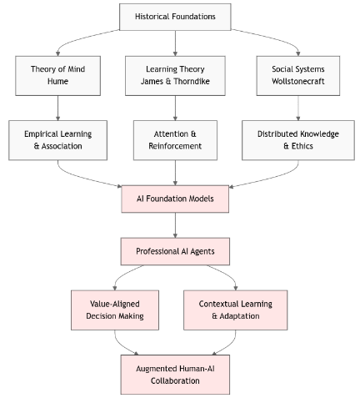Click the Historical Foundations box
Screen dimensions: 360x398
(x=175, y=17)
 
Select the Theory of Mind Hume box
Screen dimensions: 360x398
(x=57, y=76)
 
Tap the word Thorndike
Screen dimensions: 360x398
(x=192, y=81)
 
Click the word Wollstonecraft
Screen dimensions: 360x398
(x=298, y=81)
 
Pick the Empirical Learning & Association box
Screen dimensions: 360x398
(x=57, y=140)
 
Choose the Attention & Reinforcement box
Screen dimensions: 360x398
(x=175, y=140)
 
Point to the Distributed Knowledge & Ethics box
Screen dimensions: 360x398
(x=298, y=140)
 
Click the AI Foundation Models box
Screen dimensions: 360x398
(x=175, y=199)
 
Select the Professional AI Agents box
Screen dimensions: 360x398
(x=175, y=251)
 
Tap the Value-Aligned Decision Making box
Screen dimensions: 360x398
(x=115, y=310)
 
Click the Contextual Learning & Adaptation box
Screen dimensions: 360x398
(x=236, y=310)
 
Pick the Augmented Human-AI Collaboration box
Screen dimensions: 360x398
(x=175, y=375)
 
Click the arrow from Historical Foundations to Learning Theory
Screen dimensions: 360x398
(x=175, y=43)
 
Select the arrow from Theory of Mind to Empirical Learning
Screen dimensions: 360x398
(x=57, y=108)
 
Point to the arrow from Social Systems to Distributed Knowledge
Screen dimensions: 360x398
(x=298, y=108)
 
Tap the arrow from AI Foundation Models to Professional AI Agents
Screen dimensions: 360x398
(x=175, y=225)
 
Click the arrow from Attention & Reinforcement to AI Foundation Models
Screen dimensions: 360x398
(x=175, y=173)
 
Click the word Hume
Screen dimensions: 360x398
(x=57, y=81)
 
